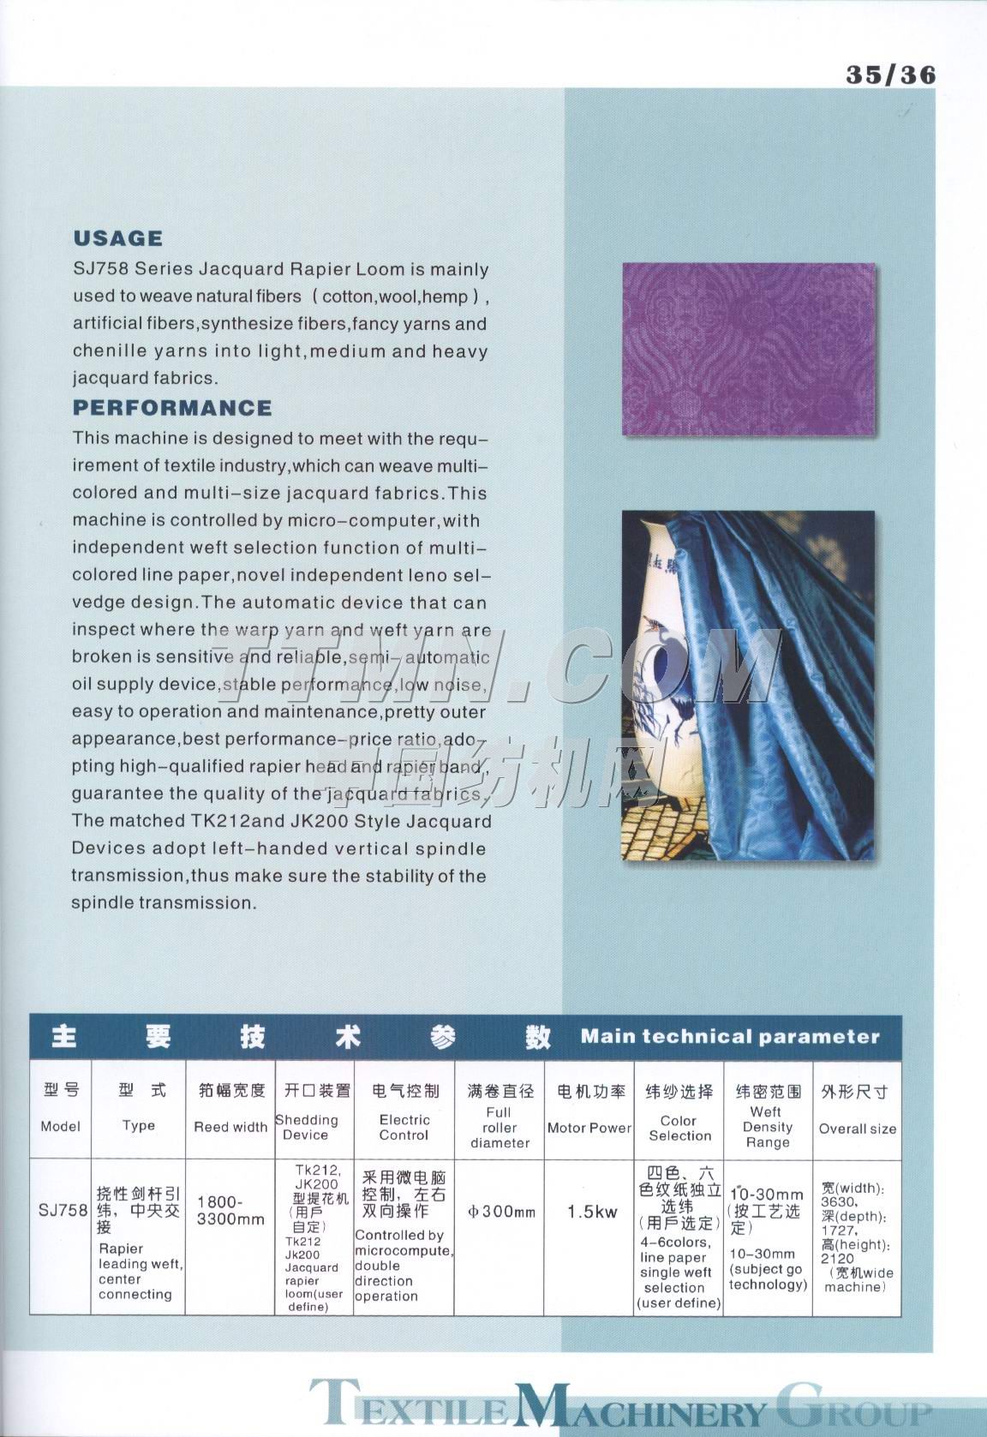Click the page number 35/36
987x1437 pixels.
click(x=890, y=75)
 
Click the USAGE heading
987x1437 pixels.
click(x=117, y=238)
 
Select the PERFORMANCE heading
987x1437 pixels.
click(x=171, y=407)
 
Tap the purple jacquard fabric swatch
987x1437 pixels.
click(x=748, y=349)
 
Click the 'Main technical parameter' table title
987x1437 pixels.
click(x=730, y=1036)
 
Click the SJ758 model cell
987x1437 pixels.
click(x=63, y=1210)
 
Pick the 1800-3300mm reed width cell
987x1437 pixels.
click(x=230, y=1210)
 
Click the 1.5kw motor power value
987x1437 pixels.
click(x=592, y=1212)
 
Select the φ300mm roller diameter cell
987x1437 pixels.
click(x=501, y=1212)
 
